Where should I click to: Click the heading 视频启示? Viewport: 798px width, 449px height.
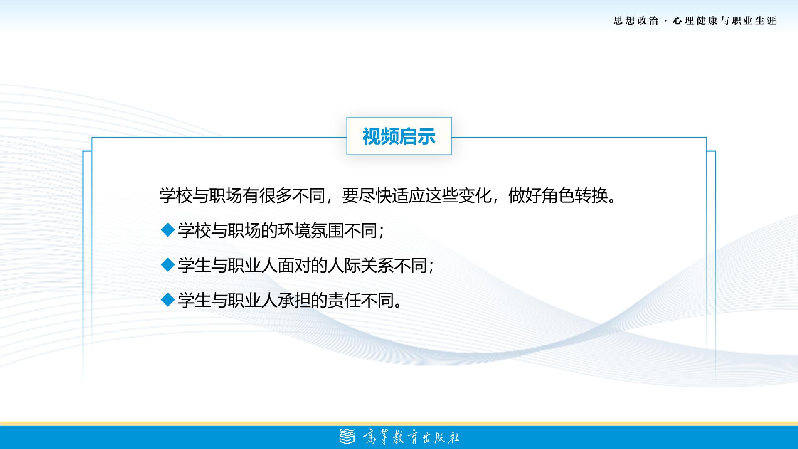pos(399,136)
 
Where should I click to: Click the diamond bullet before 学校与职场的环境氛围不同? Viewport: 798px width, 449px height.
pos(167,230)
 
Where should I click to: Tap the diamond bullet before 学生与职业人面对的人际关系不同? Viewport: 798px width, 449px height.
pos(167,265)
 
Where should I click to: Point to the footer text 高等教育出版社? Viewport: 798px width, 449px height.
pos(411,437)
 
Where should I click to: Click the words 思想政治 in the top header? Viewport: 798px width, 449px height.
pos(636,21)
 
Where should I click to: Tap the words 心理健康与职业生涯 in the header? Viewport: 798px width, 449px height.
pos(724,21)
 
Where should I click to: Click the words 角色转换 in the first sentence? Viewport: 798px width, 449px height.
pos(575,195)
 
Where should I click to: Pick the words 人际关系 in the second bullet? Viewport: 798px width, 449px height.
pos(361,265)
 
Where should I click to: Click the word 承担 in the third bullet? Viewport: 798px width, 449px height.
pos(294,300)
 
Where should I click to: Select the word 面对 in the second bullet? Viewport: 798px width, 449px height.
pos(294,265)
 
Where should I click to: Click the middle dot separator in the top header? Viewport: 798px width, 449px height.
pos(666,21)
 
